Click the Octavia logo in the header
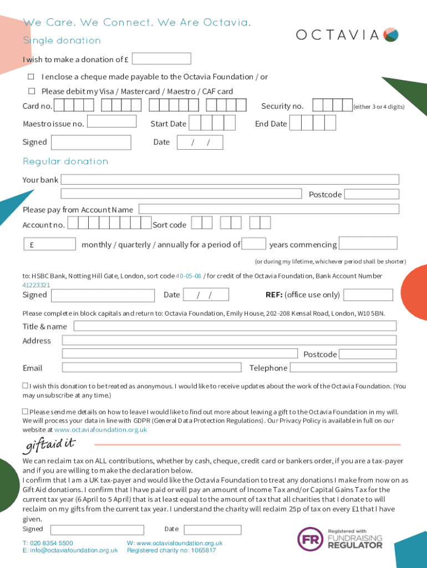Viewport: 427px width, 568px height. coord(347,35)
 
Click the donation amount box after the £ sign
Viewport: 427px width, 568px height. coord(161,59)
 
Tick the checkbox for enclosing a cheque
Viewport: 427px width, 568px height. coord(32,77)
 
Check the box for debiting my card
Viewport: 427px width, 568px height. coord(32,91)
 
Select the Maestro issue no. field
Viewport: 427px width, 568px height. coord(111,121)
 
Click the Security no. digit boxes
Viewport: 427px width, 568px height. coord(332,106)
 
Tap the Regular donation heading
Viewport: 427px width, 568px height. coord(65,161)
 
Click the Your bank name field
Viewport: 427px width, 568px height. coord(230,180)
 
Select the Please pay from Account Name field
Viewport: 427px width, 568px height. coord(269,209)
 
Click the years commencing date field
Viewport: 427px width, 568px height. coord(368,244)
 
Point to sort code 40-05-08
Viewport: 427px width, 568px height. coord(189,276)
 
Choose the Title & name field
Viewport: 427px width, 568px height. coord(235,326)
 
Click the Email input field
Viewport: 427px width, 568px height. coord(151,367)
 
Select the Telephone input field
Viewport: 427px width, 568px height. coord(343,367)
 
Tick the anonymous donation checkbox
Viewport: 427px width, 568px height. coord(25,385)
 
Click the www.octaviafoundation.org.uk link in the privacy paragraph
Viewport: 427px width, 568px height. coord(100,430)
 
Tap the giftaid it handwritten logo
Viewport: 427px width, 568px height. coord(48,445)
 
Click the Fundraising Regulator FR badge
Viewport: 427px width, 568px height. coord(309,538)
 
